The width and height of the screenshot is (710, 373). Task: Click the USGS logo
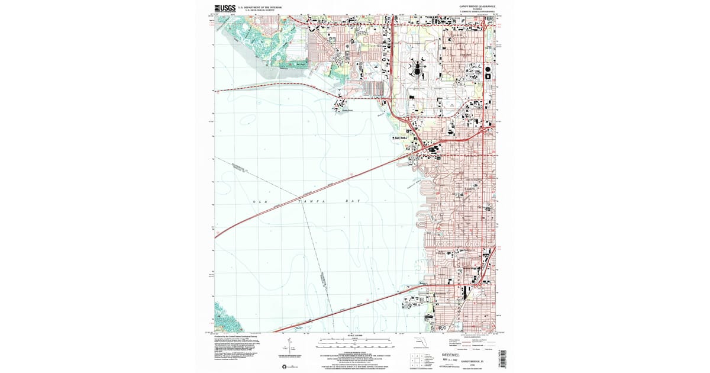225,8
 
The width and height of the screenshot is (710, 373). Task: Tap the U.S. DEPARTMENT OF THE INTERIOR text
259,7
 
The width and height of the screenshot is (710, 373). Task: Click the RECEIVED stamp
454,355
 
